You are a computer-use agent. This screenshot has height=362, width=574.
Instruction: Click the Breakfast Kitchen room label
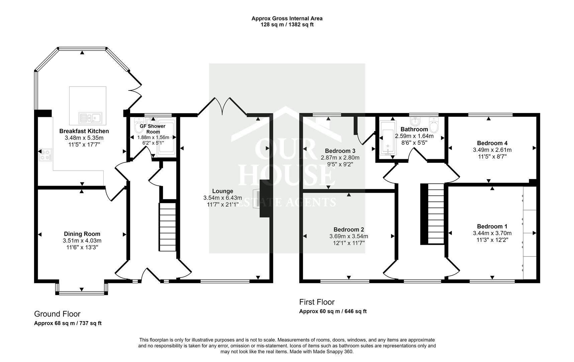[84, 131]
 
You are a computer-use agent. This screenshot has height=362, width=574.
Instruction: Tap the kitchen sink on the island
[90, 118]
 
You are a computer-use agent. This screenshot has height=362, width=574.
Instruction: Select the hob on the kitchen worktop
[46, 155]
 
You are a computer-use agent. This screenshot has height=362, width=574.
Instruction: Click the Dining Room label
[82, 234]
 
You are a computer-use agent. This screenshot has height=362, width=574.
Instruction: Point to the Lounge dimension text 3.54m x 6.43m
[222, 198]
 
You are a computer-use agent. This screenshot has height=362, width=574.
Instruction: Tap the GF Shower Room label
[153, 129]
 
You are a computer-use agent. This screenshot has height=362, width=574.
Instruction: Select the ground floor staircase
[167, 226]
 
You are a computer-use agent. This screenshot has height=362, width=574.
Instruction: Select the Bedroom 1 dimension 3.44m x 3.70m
[492, 233]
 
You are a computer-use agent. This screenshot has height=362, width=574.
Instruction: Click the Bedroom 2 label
[349, 230]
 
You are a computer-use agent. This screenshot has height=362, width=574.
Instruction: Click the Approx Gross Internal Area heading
[287, 18]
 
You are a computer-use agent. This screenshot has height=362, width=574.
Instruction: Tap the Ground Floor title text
[57, 314]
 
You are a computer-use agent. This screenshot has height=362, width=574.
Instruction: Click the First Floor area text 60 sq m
[332, 311]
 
